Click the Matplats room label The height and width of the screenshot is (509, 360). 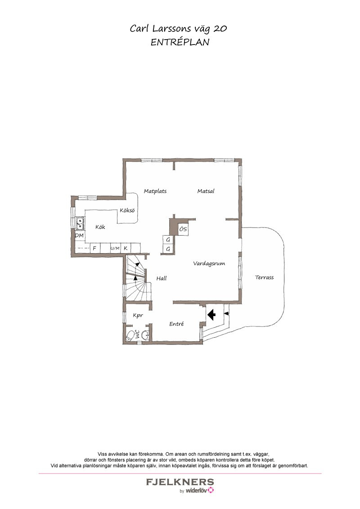coord(155,191)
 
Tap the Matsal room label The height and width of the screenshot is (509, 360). coord(206,191)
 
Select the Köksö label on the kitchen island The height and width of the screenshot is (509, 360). coord(127,210)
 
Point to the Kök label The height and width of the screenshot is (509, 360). coord(100,227)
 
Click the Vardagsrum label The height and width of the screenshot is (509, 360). coord(209,263)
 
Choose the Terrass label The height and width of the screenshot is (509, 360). coord(264,277)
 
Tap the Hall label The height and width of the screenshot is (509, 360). coord(162,278)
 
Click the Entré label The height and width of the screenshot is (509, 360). coord(176,324)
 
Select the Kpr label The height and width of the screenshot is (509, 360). coord(138,315)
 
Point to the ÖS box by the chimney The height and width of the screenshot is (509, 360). coord(183,229)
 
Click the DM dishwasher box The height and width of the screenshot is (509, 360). coord(80,235)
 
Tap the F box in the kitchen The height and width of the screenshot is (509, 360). coord(94,248)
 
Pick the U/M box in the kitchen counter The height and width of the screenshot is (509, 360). coord(115,248)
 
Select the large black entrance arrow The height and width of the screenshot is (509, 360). coord(211,314)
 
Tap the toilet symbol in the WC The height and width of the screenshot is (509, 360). coord(130,335)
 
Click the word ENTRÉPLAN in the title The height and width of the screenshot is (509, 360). coord(180,42)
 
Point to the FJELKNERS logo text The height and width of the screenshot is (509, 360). coord(180,482)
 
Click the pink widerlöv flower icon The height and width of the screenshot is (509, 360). coord(211,490)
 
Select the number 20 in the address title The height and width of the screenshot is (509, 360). coord(220,29)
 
